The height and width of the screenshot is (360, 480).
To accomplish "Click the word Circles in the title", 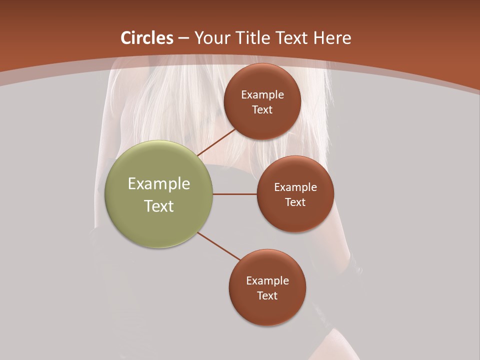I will click(x=147, y=38).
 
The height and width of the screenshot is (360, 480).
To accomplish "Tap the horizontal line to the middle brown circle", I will click(x=235, y=194).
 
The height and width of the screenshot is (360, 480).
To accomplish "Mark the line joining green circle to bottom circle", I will click(x=220, y=246).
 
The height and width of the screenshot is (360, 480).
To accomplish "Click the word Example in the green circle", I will click(x=159, y=184).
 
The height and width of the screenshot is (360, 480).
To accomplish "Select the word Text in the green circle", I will click(x=159, y=206).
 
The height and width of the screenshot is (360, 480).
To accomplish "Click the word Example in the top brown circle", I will click(x=262, y=95).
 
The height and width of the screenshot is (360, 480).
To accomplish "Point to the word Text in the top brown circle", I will click(x=262, y=110).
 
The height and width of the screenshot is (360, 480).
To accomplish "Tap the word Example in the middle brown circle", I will click(x=295, y=187).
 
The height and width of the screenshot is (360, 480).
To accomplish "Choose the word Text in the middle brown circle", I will click(x=295, y=202).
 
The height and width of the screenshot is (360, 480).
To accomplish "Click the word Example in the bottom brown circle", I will click(x=267, y=281).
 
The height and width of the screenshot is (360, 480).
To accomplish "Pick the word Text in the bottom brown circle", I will click(x=267, y=296).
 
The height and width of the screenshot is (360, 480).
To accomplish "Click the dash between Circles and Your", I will click(x=183, y=38).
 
